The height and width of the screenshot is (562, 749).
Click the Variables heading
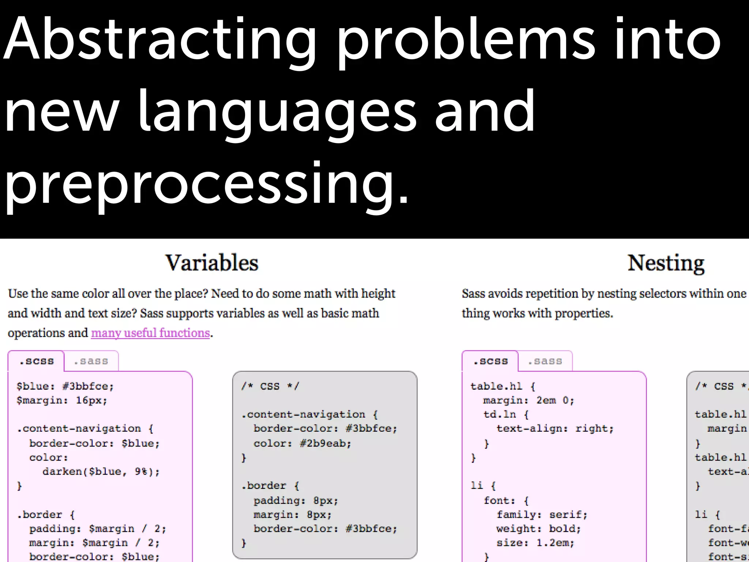coord(212,263)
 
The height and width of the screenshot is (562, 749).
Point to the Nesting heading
coord(666,263)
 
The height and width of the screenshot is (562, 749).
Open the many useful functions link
coord(150,333)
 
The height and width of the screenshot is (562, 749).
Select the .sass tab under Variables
coord(91,361)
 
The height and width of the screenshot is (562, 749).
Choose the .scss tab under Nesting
coord(490,361)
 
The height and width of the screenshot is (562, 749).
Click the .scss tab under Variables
coord(36,361)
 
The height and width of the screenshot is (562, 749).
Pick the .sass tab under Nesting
coord(545,361)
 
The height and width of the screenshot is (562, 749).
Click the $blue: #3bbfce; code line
coord(65,386)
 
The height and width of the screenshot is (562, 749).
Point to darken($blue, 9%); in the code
coord(101,472)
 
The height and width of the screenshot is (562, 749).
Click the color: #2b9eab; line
coord(302,443)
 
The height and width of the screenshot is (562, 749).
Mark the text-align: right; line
coord(554,428)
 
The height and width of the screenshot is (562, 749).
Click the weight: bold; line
coord(538,529)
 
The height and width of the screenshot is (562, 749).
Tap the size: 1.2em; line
coord(535,543)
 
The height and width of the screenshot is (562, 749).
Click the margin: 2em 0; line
coord(528,400)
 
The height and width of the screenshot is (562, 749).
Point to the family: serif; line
coord(542,515)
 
